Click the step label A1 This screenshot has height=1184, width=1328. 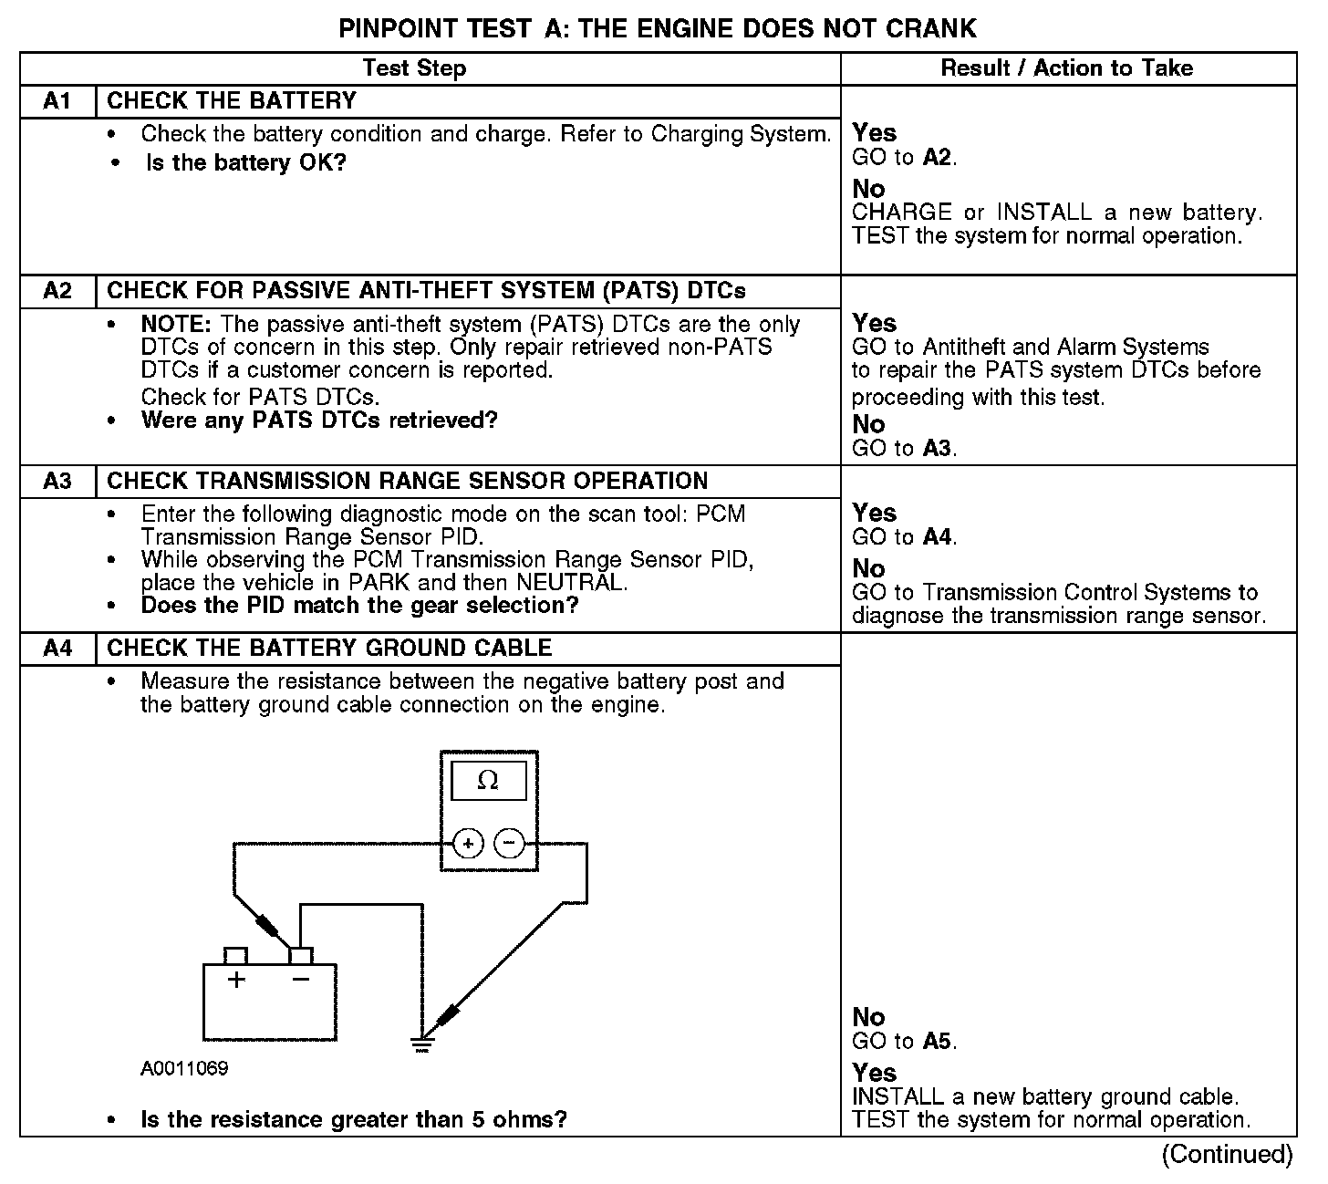[57, 101]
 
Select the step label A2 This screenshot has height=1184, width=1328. [57, 291]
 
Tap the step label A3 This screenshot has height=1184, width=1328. [57, 481]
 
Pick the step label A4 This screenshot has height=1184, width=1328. [57, 649]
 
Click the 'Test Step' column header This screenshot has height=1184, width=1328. [414, 68]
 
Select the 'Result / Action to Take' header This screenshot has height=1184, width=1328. [1066, 68]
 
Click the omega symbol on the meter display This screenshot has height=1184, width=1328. [488, 781]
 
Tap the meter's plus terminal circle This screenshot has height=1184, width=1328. [468, 844]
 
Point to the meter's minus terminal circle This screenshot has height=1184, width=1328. [509, 844]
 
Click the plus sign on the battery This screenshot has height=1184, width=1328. [237, 981]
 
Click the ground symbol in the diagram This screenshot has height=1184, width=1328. [421, 1044]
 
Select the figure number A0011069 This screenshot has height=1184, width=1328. [184, 1068]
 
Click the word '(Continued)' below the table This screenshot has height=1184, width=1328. [1227, 1155]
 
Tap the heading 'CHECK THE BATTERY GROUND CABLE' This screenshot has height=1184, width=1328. [329, 649]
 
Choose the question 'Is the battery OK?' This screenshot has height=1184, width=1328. [246, 163]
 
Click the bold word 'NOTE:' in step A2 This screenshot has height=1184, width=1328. [177, 325]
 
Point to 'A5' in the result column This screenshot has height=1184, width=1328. [939, 1042]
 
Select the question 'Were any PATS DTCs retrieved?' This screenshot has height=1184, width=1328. [319, 421]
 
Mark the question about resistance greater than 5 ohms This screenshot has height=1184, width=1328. [354, 1119]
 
